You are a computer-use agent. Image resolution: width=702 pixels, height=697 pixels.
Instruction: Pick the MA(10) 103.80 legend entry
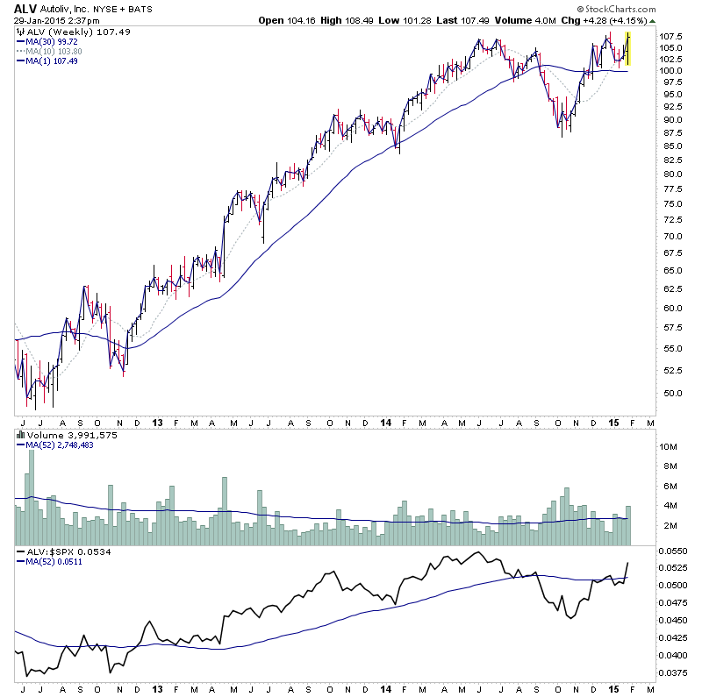pos(52,51)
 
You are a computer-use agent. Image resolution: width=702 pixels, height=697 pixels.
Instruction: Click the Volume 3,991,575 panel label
pos(60,434)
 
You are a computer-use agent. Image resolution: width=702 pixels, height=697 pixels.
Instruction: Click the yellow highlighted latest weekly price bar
pos(627,48)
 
